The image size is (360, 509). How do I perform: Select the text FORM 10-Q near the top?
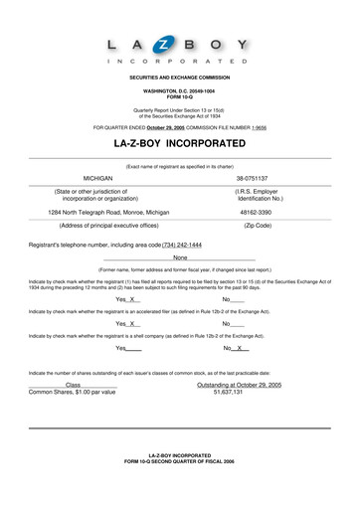179,96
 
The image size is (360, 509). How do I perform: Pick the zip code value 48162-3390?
257,212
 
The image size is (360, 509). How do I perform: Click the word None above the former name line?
180,258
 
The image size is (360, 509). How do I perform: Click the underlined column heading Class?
73,384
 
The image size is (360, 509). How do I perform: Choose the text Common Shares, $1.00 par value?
72,392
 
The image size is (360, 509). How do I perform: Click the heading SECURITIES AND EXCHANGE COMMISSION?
179,77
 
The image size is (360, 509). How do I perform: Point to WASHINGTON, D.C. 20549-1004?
179,90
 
